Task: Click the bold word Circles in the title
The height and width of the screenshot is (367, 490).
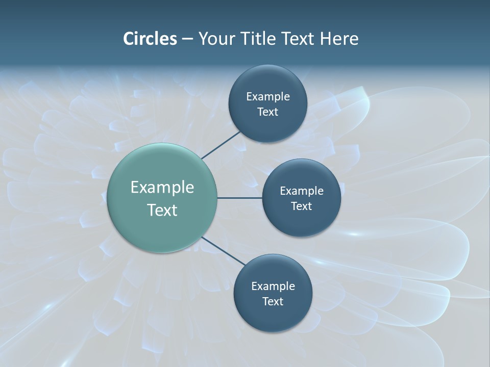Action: click(x=150, y=39)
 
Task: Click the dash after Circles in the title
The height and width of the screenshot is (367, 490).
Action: click(x=187, y=39)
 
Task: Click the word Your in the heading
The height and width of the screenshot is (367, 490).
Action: click(x=216, y=39)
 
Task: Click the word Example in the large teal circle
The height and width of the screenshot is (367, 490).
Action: click(x=162, y=188)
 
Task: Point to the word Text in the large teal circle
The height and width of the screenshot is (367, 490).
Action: click(x=162, y=210)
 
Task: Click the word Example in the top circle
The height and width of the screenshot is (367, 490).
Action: click(x=267, y=97)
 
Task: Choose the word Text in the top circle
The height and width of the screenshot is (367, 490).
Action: click(x=267, y=112)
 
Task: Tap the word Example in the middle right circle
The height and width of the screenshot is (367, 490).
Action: click(x=302, y=191)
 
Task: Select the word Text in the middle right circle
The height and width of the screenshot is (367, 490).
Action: click(x=302, y=206)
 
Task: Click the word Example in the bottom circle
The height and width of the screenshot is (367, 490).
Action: click(x=273, y=286)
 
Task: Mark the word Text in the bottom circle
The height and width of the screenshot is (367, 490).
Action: click(x=273, y=302)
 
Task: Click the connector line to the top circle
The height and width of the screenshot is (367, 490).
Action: click(x=220, y=144)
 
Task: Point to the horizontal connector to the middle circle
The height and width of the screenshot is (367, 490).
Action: click(x=239, y=198)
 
